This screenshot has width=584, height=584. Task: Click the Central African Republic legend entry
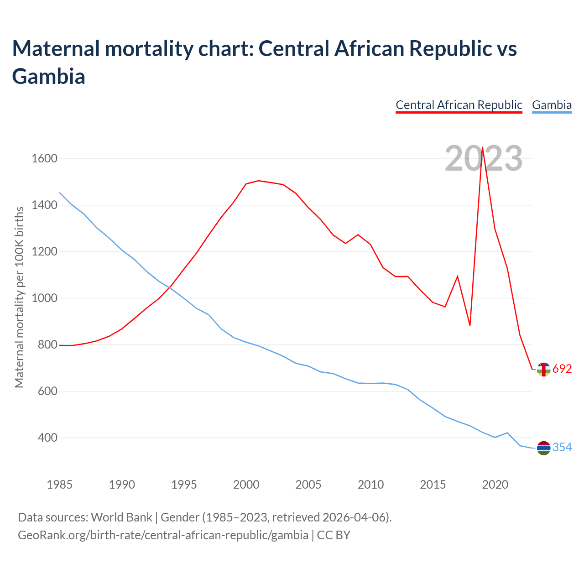click(x=459, y=105)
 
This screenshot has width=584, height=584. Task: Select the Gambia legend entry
click(x=552, y=105)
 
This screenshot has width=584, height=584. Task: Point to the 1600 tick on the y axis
click(x=44, y=159)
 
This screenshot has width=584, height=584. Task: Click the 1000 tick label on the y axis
click(x=44, y=298)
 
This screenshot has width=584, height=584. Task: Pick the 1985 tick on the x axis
click(x=60, y=485)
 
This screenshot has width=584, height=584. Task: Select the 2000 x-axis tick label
click(x=246, y=485)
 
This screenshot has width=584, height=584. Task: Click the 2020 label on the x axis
click(x=495, y=485)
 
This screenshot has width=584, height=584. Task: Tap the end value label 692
click(x=562, y=369)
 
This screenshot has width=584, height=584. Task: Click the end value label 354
click(x=562, y=448)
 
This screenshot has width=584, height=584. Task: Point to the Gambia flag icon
click(x=543, y=448)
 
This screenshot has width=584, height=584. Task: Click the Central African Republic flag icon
click(x=543, y=370)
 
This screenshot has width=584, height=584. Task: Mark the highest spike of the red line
click(x=483, y=147)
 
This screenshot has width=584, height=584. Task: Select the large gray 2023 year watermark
click(x=484, y=159)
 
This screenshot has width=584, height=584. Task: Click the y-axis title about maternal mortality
click(x=19, y=297)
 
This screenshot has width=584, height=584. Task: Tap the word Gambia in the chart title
click(x=49, y=76)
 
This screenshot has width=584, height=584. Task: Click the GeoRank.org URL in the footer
click(x=163, y=535)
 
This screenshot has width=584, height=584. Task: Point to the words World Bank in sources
click(x=121, y=517)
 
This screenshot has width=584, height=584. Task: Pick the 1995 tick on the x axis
click(x=184, y=485)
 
